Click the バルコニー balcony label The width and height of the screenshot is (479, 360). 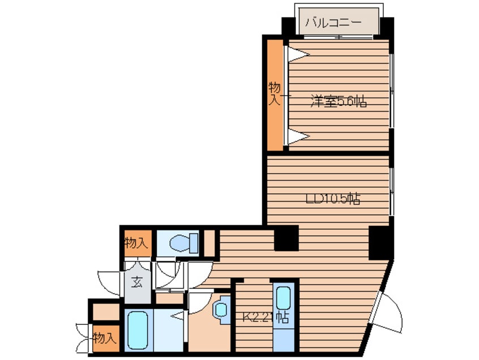[333, 23]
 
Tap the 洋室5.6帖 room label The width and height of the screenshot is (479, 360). [339, 101]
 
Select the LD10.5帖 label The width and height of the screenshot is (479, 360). [333, 199]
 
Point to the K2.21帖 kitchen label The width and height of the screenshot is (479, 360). [266, 318]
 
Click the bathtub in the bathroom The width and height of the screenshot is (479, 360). [138, 330]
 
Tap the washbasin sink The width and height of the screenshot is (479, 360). [223, 309]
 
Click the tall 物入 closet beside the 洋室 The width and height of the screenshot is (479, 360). [275, 95]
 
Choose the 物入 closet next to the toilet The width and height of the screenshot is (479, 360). [138, 243]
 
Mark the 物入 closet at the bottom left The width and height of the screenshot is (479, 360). [106, 338]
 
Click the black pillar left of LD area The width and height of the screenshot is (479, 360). [286, 238]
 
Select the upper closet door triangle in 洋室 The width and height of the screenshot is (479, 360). [298, 54]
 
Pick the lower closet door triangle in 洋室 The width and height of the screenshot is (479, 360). [298, 136]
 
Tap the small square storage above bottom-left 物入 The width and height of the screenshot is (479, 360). [106, 312]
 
